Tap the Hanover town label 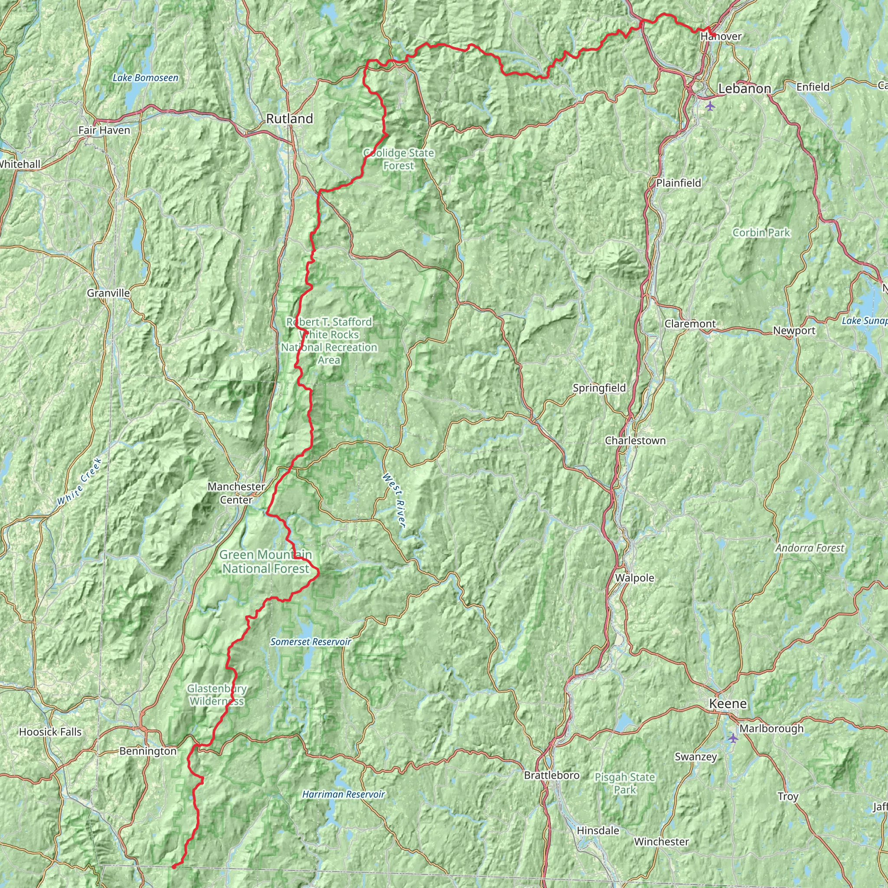tap(721, 36)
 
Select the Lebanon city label tap(744, 89)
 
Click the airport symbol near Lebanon tap(711, 106)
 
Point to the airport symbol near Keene tap(733, 738)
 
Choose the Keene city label tap(728, 704)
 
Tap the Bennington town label tap(147, 751)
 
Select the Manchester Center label tap(236, 493)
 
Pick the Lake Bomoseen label tap(145, 78)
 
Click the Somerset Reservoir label tap(311, 642)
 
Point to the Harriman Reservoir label tap(343, 794)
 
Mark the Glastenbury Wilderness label tap(216, 695)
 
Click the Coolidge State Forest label tap(398, 159)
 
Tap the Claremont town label tap(690, 323)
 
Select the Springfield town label tap(599, 388)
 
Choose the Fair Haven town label tap(104, 130)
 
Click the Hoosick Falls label tap(50, 732)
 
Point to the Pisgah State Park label tap(625, 783)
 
